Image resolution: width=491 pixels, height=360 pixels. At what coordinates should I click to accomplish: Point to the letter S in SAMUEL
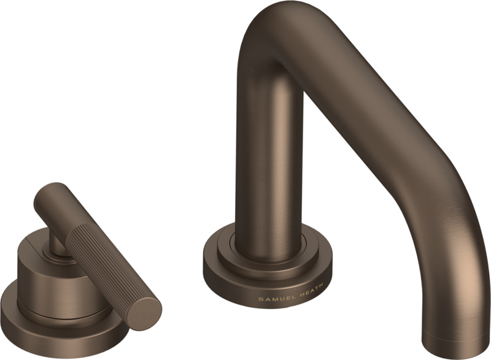pyautogui.click(x=260, y=299)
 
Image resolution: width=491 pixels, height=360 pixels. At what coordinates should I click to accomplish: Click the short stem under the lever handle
pyautogui.click(x=57, y=245)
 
